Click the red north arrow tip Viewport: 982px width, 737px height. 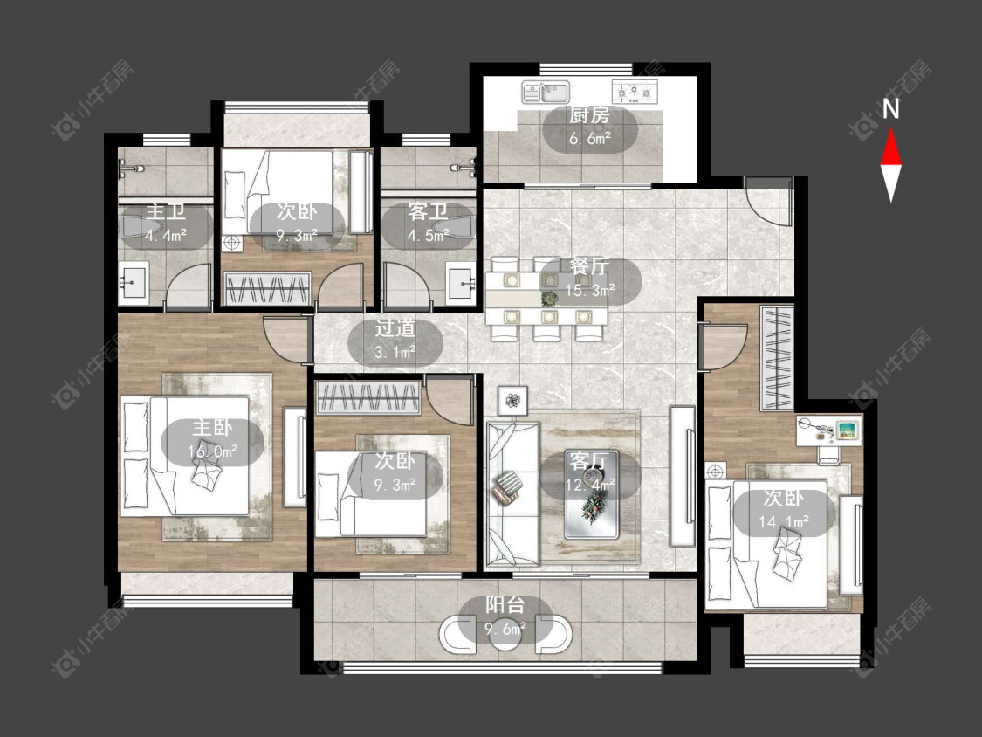[x=890, y=129]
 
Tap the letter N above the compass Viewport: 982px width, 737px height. [x=890, y=109]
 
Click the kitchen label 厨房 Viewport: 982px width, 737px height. [x=589, y=116]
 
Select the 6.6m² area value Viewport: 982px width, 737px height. [x=590, y=139]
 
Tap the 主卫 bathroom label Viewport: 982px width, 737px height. [x=165, y=211]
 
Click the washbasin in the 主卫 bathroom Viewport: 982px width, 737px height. [x=134, y=283]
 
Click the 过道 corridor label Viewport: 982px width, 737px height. [x=395, y=328]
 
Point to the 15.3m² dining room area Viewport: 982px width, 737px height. [x=590, y=290]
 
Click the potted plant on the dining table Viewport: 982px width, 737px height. [x=549, y=297]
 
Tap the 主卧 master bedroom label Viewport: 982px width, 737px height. [x=212, y=428]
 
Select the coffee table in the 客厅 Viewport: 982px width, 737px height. [x=592, y=494]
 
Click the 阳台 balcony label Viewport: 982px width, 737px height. [x=505, y=605]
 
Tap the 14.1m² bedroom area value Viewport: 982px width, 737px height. [x=784, y=520]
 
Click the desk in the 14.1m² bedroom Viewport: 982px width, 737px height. [x=829, y=430]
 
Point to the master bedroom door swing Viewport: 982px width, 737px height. [x=285, y=341]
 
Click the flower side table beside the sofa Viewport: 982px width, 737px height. [x=512, y=399]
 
